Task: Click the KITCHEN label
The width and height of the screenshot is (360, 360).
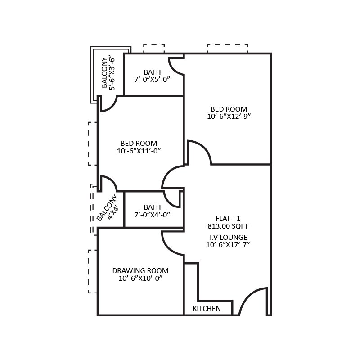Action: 207,309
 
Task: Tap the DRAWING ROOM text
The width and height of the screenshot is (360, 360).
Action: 140,270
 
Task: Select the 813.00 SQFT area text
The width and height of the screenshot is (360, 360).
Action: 228,226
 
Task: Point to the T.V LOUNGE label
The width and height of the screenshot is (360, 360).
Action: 228,237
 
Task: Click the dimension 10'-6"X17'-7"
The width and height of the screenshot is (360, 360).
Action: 228,245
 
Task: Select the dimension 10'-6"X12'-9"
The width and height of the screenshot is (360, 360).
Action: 229,116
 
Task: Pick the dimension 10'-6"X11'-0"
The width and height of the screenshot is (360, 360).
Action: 139,151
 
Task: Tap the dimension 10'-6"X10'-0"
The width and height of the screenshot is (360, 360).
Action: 140,279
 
